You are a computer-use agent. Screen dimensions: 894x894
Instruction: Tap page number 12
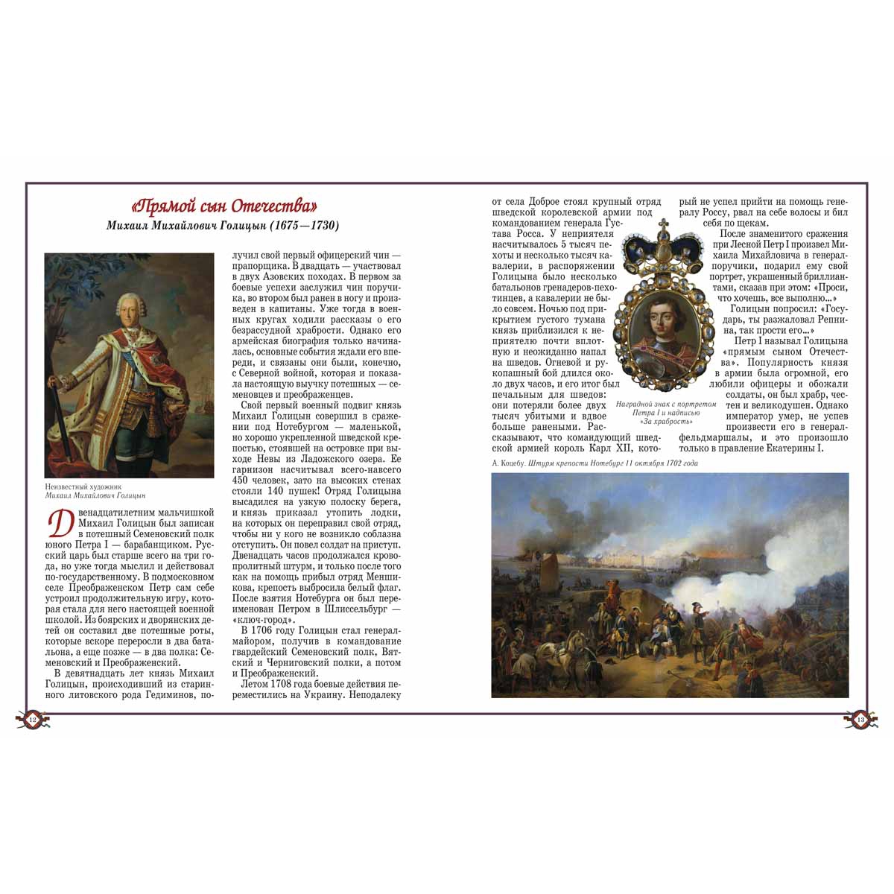pyautogui.click(x=32, y=720)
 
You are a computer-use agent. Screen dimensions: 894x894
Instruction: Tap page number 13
pyautogui.click(x=860, y=720)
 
